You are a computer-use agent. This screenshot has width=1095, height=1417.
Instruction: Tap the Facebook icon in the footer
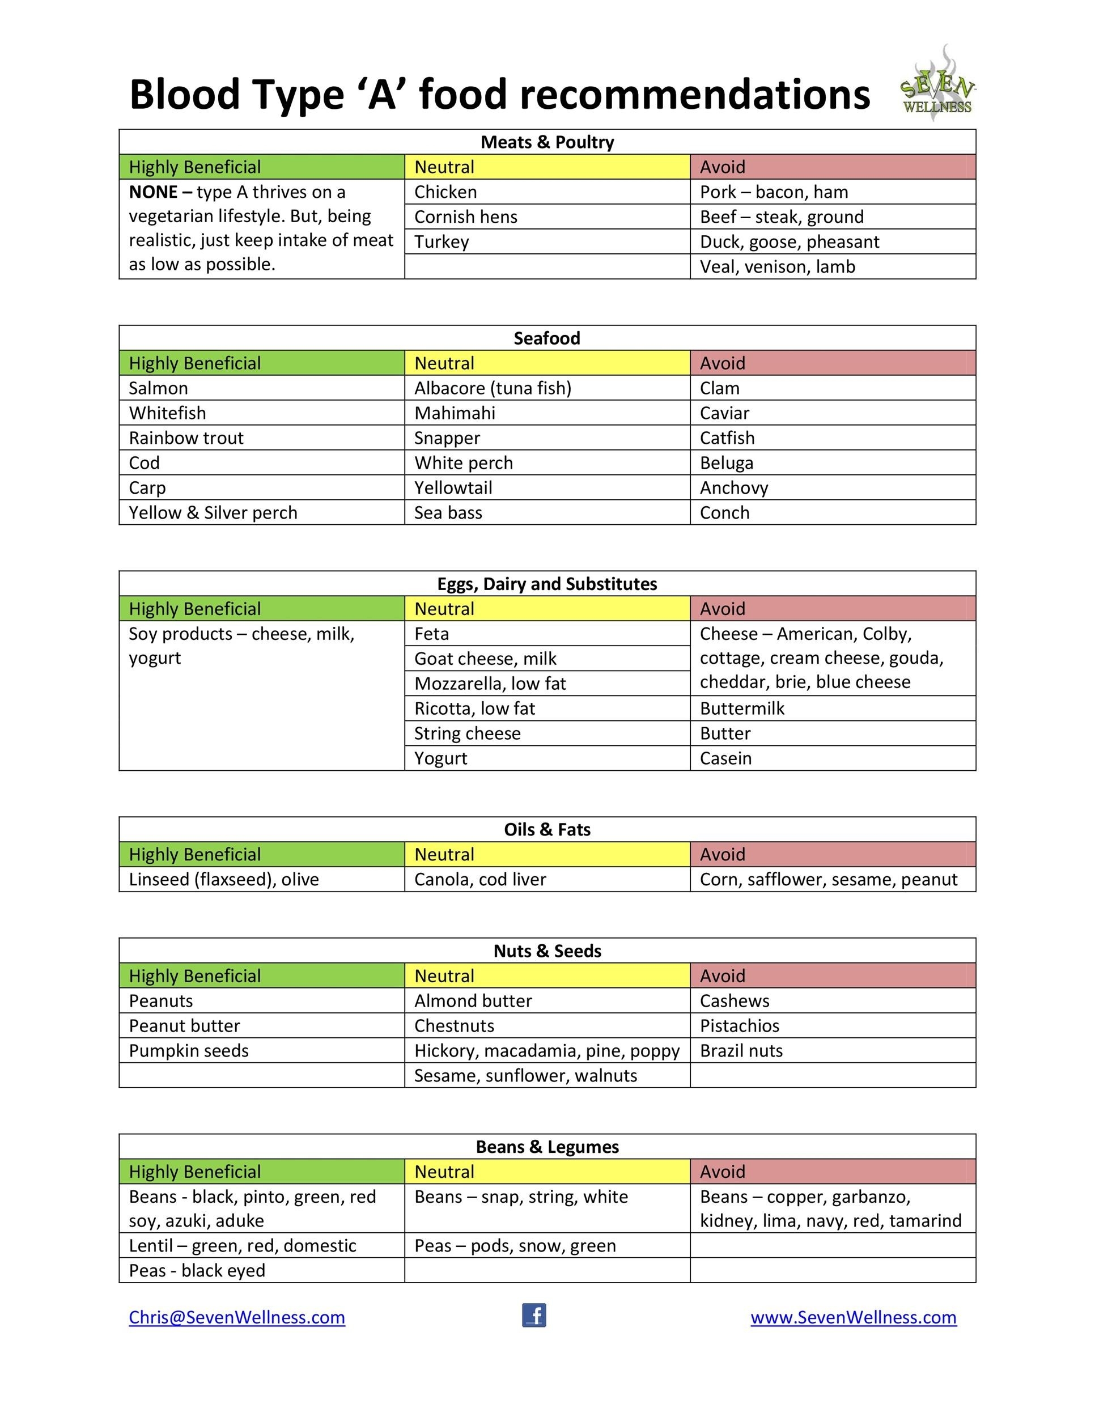(x=534, y=1315)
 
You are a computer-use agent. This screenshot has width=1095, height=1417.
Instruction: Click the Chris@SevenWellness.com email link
(x=237, y=1317)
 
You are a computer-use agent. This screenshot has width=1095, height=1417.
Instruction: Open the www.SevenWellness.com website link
(x=853, y=1317)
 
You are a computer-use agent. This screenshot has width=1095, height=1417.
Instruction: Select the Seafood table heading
(x=547, y=338)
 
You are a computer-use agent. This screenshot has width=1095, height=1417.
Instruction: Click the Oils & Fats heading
(x=547, y=830)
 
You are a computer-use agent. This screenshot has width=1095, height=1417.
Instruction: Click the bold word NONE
(x=152, y=192)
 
